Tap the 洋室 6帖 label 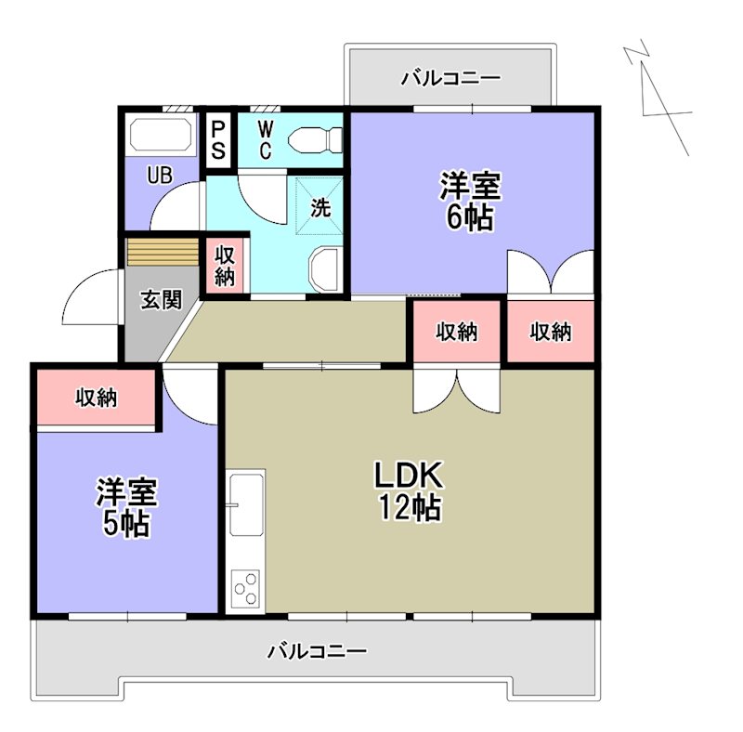pyautogui.click(x=470, y=202)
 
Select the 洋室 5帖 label pyautogui.click(x=126, y=507)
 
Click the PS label pyautogui.click(x=218, y=138)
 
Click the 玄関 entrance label pyautogui.click(x=160, y=299)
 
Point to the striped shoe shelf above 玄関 pyautogui.click(x=163, y=253)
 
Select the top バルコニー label pyautogui.click(x=450, y=78)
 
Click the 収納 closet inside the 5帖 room pyautogui.click(x=96, y=399)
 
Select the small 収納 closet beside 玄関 pyautogui.click(x=225, y=266)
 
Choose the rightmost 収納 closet pyautogui.click(x=550, y=332)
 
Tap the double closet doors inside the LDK pyautogui.click(x=456, y=388)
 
